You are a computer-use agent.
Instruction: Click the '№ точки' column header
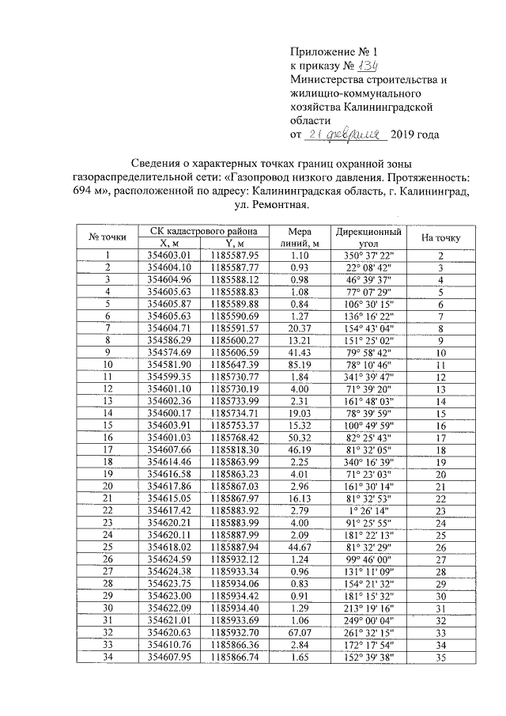click(108, 237)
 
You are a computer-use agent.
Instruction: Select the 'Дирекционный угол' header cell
click(368, 237)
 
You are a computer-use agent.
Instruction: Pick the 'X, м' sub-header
click(170, 244)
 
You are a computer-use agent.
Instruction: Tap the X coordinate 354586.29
click(170, 339)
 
